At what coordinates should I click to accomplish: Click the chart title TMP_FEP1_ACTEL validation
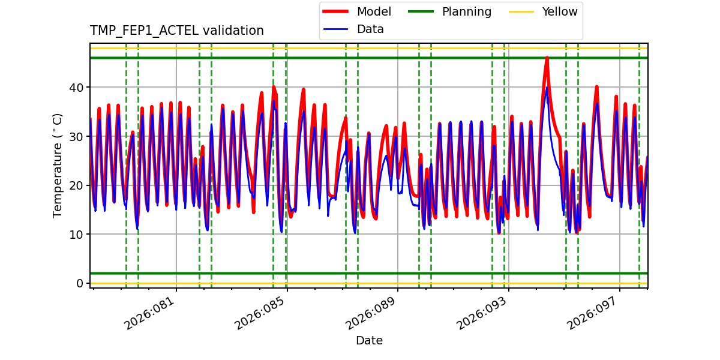click(177, 31)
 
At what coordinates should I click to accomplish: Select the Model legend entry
click(374, 12)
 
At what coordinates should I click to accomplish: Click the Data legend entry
click(370, 29)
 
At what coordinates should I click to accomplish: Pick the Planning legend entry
click(466, 12)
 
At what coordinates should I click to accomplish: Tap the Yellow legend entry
click(559, 12)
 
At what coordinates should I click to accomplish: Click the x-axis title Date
click(369, 341)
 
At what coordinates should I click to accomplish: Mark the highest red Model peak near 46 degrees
click(547, 58)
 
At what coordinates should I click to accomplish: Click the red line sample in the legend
click(336, 12)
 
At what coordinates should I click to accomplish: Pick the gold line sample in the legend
click(522, 12)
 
